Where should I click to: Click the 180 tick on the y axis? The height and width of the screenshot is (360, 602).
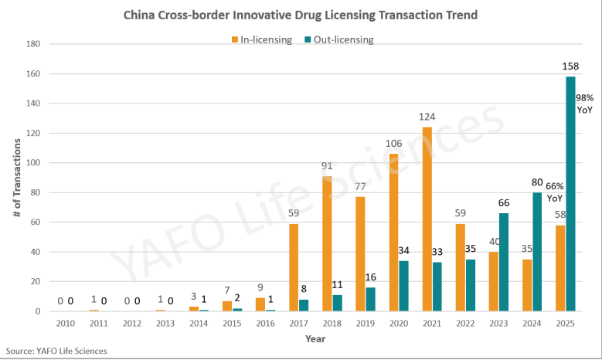click(x=33, y=44)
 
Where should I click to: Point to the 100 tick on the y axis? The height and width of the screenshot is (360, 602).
click(x=33, y=163)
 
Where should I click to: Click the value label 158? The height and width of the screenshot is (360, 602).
click(x=570, y=68)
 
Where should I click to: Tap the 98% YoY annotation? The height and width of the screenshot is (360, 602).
click(x=584, y=104)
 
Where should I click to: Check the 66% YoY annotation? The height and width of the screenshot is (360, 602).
click(x=555, y=192)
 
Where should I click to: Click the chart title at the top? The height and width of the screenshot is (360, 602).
click(x=301, y=15)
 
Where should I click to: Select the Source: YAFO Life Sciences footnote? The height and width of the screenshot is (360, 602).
click(x=56, y=352)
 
